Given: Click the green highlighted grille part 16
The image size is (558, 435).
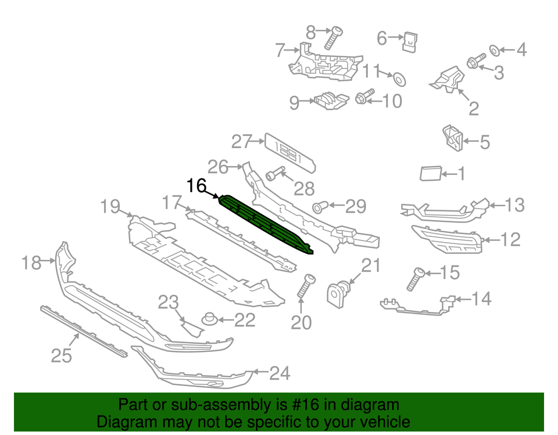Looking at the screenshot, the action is [265, 225].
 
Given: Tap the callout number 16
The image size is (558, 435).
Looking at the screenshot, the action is [196, 186].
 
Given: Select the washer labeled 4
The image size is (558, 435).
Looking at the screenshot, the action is [494, 51].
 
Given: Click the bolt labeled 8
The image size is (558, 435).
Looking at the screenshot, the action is [333, 38].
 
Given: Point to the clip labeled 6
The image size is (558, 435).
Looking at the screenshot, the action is [410, 42].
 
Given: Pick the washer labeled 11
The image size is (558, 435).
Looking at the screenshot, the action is [399, 80].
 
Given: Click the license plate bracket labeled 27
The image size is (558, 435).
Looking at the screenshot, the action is [290, 153].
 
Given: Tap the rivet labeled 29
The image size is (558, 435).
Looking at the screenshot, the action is [320, 207].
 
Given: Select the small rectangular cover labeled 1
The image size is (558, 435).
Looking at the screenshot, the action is [431, 173].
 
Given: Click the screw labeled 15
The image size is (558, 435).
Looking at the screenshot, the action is [416, 279].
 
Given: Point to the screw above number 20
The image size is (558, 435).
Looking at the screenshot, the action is [306, 286].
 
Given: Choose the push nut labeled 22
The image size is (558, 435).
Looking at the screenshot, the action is [210, 319].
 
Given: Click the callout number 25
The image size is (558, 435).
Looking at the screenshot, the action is [62, 355].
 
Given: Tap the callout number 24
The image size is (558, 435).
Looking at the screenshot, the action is [280, 373].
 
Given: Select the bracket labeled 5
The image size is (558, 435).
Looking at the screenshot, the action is [452, 138].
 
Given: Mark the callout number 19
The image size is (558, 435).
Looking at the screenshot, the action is [110, 206].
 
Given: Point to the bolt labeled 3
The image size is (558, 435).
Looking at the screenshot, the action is [476, 61].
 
